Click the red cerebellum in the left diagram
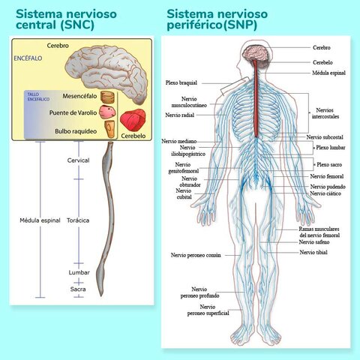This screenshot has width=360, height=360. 134,120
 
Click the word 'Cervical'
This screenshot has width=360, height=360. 78,160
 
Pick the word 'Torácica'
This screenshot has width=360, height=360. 78,220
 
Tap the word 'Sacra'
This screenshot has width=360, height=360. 78,289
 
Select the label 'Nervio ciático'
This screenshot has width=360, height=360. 325,193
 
